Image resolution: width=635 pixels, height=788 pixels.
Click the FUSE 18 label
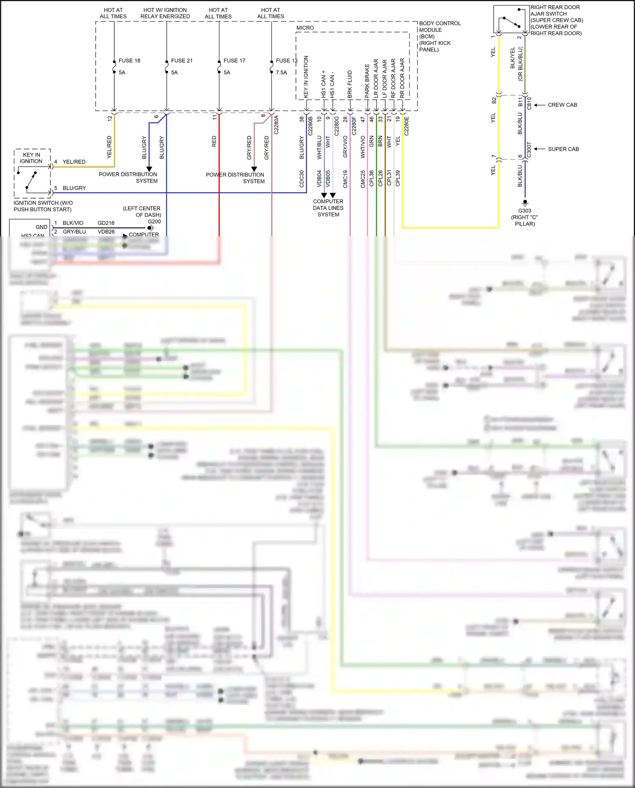point(129,61)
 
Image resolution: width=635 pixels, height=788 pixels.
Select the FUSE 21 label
point(182,61)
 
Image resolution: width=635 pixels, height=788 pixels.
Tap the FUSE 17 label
point(234,61)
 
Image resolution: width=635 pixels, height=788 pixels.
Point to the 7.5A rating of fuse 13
point(282,72)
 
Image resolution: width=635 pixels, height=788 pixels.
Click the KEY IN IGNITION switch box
point(33,174)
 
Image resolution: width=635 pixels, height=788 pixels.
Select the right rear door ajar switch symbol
point(511,19)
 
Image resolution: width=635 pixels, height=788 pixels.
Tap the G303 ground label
point(525,210)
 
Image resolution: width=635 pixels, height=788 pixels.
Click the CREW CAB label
point(562,105)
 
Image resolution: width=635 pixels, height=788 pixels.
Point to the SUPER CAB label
point(563,149)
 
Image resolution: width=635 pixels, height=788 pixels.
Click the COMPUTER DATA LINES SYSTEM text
point(328,208)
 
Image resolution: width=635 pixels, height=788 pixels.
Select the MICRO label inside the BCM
point(305,28)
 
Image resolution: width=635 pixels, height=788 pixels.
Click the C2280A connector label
point(276,124)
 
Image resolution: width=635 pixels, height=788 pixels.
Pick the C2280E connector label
point(406,126)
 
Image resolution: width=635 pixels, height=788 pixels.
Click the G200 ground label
point(154,221)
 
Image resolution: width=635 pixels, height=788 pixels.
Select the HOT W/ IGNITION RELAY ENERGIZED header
point(165,13)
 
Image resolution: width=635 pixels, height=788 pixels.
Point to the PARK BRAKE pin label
point(367,81)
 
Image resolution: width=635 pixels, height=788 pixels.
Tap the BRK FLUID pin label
point(350,84)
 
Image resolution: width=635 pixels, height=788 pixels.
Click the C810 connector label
point(529,103)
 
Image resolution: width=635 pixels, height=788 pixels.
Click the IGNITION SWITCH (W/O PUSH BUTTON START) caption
point(43,206)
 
